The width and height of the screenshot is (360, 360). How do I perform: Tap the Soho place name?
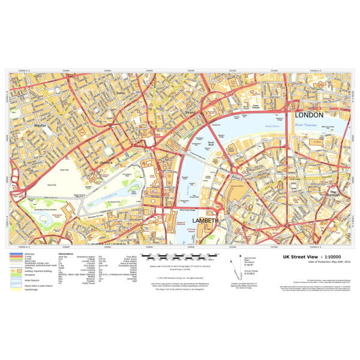pos(119,94)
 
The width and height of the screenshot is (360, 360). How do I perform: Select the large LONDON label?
pos(308,115)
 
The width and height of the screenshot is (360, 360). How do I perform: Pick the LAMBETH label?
pos(206,221)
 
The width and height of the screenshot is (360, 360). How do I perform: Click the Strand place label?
pos(190,112)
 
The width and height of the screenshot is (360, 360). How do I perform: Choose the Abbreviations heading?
pos(65,254)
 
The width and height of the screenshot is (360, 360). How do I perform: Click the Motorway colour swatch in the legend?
pos(15,254)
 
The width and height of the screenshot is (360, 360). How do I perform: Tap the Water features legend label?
pos(32,280)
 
